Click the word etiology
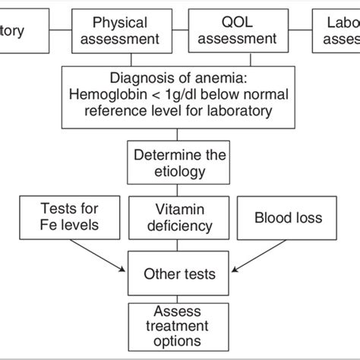(x=180, y=172)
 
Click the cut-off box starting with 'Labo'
(x=337, y=32)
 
